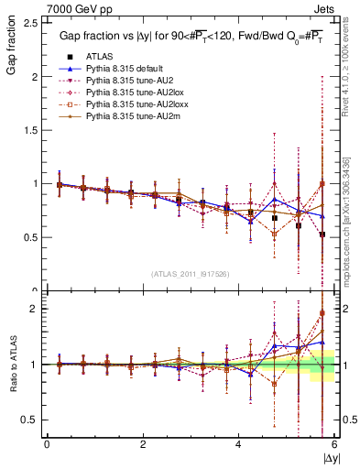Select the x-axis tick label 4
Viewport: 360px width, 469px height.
tap(238, 444)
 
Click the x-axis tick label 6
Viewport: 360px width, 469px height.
tap(333, 444)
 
